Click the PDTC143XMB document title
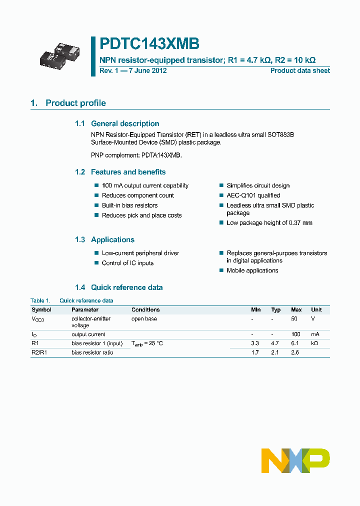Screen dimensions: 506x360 pos(149,44)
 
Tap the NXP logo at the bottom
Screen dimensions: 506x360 pos(295,460)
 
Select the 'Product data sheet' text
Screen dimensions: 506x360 pos(300,70)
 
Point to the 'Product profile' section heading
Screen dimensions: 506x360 pos(75,103)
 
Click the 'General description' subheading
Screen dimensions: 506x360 pos(125,123)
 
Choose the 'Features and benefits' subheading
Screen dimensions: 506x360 pos(128,172)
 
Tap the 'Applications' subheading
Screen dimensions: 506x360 pos(112,239)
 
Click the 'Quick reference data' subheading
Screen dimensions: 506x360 pos(126,287)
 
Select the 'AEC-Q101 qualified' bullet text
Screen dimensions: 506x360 pos(253,195)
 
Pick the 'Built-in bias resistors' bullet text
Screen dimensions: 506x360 pos(129,205)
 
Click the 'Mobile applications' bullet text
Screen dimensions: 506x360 pos(252,270)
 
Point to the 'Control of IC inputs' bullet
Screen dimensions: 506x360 pos(127,263)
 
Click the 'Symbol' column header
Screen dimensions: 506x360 pos(41,310)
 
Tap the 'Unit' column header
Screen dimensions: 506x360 pos(316,310)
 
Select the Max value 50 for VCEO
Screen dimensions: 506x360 pos(294,318)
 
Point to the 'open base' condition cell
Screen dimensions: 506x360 pos(144,318)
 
